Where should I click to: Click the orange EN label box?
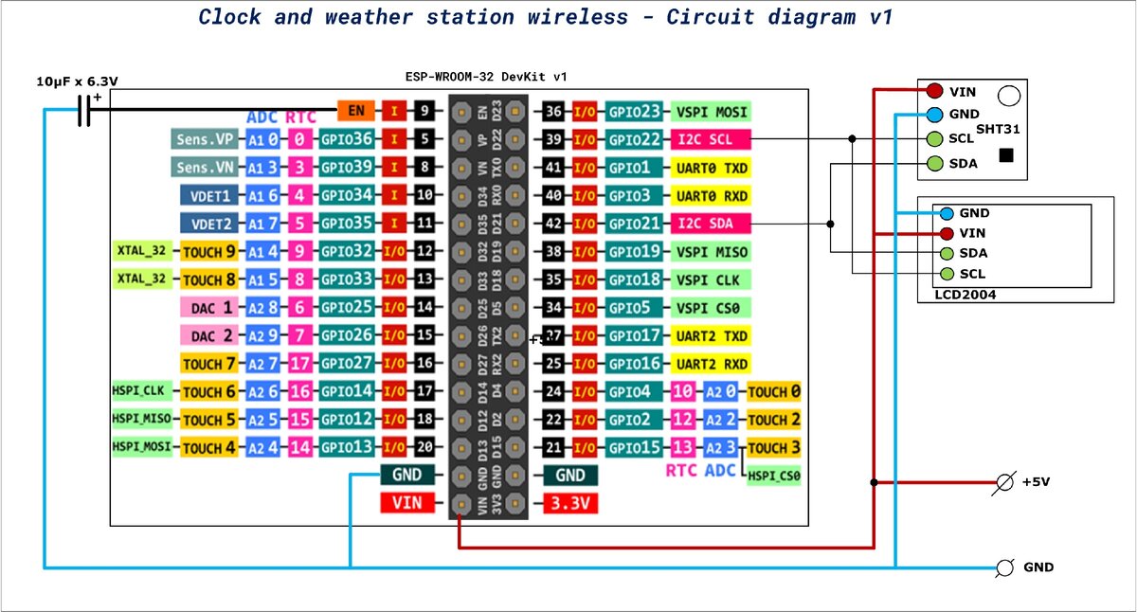pyautogui.click(x=356, y=111)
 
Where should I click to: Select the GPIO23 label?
pyautogui.click(x=634, y=112)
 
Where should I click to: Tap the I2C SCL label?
pyautogui.click(x=710, y=140)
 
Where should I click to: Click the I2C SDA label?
pyautogui.click(x=710, y=225)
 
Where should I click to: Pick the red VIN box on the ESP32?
pyautogui.click(x=406, y=504)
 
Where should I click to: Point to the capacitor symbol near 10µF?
pyautogui.click(x=83, y=111)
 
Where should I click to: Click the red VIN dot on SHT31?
pyautogui.click(x=934, y=91)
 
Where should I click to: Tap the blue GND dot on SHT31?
pyautogui.click(x=934, y=115)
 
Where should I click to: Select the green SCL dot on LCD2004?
pyautogui.click(x=947, y=274)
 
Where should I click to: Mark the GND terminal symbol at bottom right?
pyautogui.click(x=1005, y=567)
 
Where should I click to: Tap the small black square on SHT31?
pyautogui.click(x=1006, y=155)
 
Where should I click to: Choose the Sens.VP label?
pyautogui.click(x=205, y=140)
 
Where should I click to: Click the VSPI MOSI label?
pyautogui.click(x=710, y=112)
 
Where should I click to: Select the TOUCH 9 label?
pyautogui.click(x=208, y=252)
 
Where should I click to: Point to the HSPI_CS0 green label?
pyautogui.click(x=773, y=477)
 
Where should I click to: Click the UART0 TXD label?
pyautogui.click(x=710, y=168)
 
